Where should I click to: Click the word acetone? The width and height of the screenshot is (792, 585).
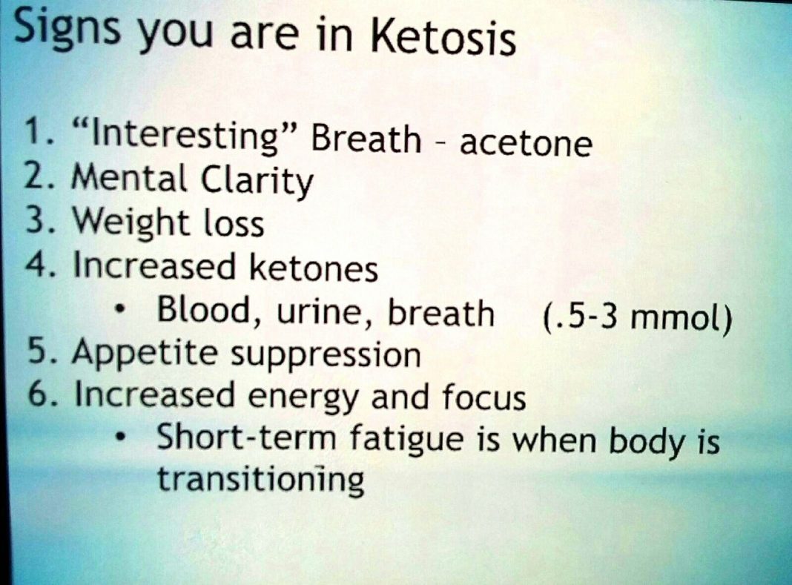pos(526,142)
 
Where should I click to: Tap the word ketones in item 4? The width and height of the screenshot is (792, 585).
pos(313,268)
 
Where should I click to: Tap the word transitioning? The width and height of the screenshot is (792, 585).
pos(260,480)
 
